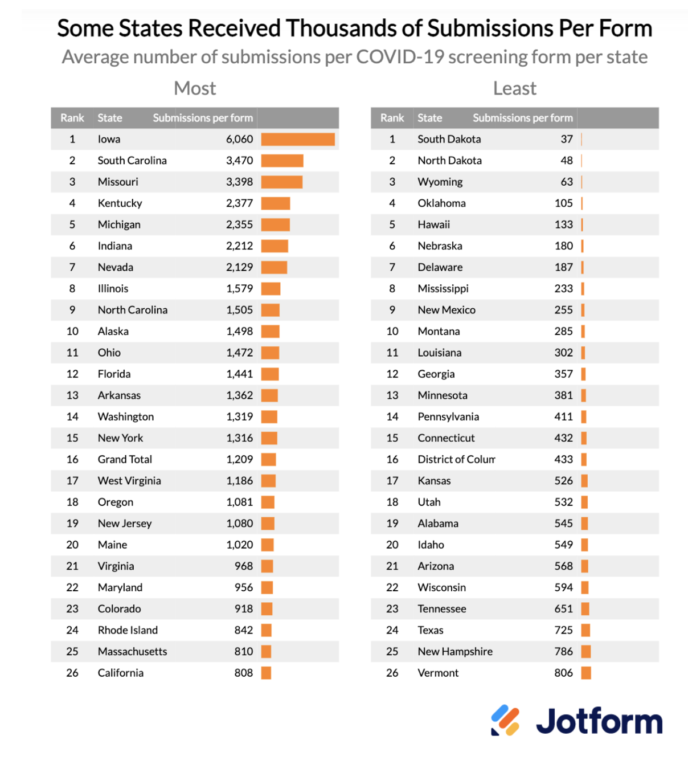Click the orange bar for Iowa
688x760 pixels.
point(298,140)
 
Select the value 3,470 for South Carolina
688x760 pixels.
point(239,161)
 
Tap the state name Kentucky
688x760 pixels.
point(120,203)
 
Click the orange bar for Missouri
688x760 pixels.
point(282,182)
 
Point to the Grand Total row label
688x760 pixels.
point(125,460)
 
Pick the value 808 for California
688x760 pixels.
point(243,673)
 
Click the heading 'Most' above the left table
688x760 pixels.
point(195,88)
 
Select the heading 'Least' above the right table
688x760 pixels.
point(515,88)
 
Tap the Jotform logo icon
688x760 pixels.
point(505,720)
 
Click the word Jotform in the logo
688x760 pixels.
point(599,721)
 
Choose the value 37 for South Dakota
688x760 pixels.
point(566,140)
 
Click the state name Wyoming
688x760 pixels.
point(440,182)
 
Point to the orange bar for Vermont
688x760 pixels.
point(586,673)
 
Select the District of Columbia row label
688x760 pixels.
point(456,460)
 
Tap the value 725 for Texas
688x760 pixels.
point(563,630)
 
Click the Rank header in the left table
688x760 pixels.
point(72,118)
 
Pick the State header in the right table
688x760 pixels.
point(429,118)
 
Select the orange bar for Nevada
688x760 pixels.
point(274,268)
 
